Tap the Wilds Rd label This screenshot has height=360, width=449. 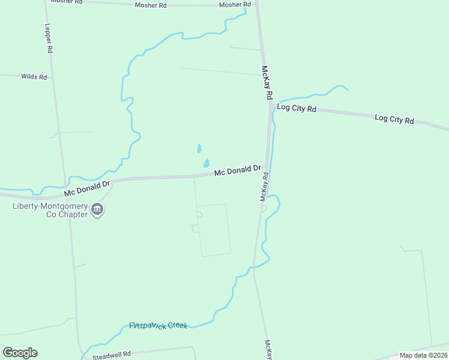click(34, 77)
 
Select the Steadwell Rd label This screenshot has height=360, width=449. click(112, 355)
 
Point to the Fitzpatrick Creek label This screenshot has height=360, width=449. click(158, 326)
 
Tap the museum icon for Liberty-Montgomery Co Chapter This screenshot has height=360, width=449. click(97, 210)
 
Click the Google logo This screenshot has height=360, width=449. click(20, 353)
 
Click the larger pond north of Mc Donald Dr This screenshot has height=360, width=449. click(206, 163)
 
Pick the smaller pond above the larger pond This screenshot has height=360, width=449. click(199, 148)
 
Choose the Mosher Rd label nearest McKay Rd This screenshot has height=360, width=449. click(235, 5)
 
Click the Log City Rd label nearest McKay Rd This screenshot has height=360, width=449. click(296, 109)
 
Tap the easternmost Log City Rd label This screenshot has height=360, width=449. click(394, 119)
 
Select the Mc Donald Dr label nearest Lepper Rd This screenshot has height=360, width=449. click(88, 188)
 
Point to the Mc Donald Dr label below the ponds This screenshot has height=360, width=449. click(238, 171)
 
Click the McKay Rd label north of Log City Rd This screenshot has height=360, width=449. click(268, 83)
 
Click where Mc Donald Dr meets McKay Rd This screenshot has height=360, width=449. click(267, 167)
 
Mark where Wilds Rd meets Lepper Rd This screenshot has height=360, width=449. click(52, 77)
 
